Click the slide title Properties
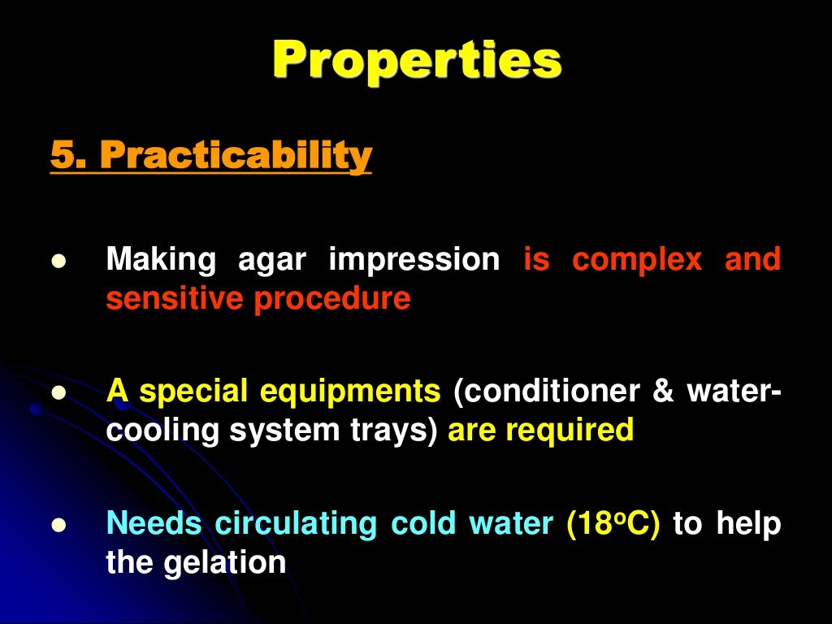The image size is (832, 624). pos(416,60)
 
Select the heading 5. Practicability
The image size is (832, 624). pos(211,155)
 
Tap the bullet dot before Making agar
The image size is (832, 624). pos(57,262)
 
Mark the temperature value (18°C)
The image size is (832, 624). pos(613,524)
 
